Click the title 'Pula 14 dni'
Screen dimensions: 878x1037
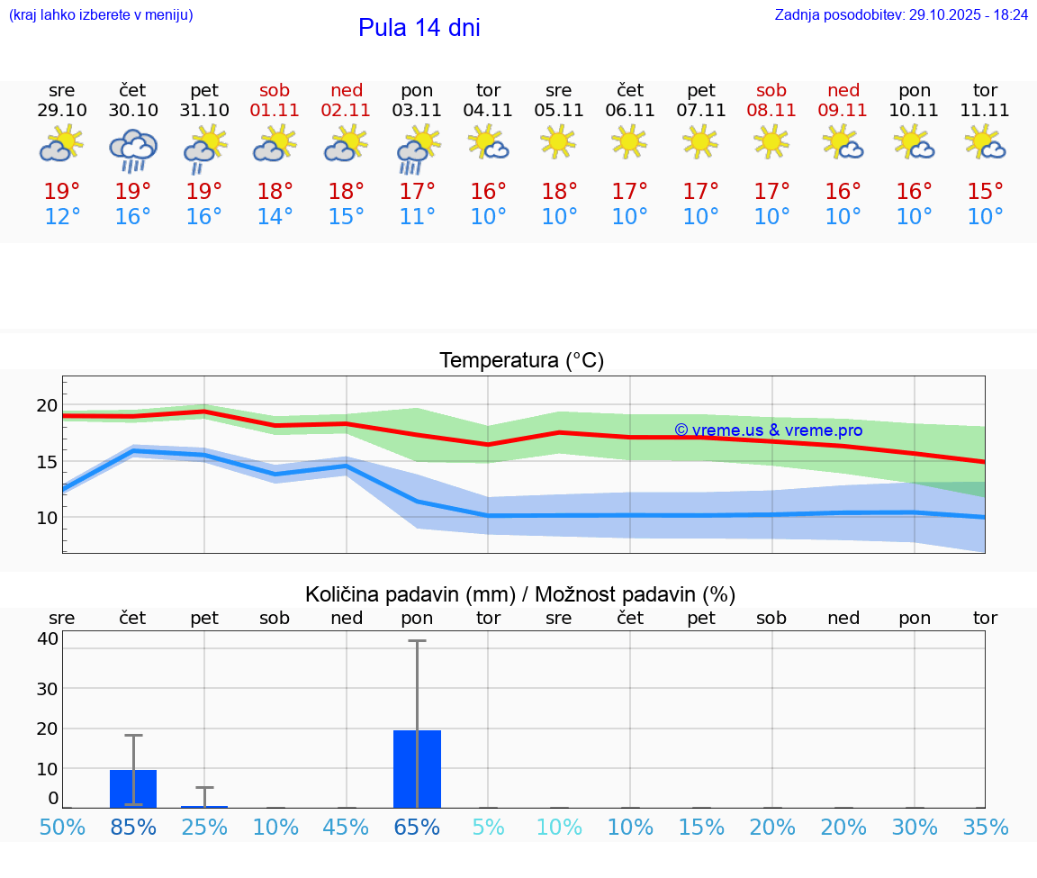[x=419, y=28]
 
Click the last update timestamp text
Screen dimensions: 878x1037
[x=901, y=15]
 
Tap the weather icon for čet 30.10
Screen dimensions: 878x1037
[x=133, y=149]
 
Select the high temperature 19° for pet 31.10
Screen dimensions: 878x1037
[x=204, y=191]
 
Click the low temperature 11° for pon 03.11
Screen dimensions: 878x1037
[x=417, y=216]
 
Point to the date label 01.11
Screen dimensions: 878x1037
[x=275, y=111]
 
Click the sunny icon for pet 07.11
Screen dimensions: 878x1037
[x=700, y=141]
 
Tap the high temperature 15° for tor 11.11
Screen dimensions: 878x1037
[x=986, y=191]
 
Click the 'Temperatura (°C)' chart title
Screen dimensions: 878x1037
[x=521, y=361]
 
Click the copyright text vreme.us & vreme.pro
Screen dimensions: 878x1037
[x=768, y=430]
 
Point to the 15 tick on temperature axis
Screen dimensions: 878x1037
[x=46, y=462]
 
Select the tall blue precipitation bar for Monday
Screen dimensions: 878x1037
[x=417, y=769]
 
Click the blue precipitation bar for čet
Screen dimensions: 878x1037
[x=133, y=789]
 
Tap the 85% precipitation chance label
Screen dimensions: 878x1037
[x=133, y=828]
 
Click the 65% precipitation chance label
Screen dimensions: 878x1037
[x=417, y=828]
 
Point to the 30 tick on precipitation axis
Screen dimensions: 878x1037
[x=47, y=688]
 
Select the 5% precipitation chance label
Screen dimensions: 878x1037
[x=488, y=828]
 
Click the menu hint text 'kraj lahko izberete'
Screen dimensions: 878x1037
[x=101, y=15]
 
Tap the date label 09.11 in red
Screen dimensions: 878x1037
[x=843, y=111]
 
